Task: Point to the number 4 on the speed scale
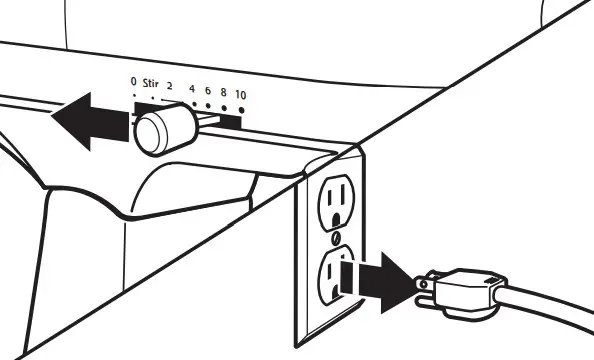pyautogui.click(x=192, y=89)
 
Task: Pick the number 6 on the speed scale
pyautogui.click(x=208, y=90)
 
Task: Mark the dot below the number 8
pyautogui.click(x=225, y=104)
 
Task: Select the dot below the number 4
pyautogui.click(x=193, y=100)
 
